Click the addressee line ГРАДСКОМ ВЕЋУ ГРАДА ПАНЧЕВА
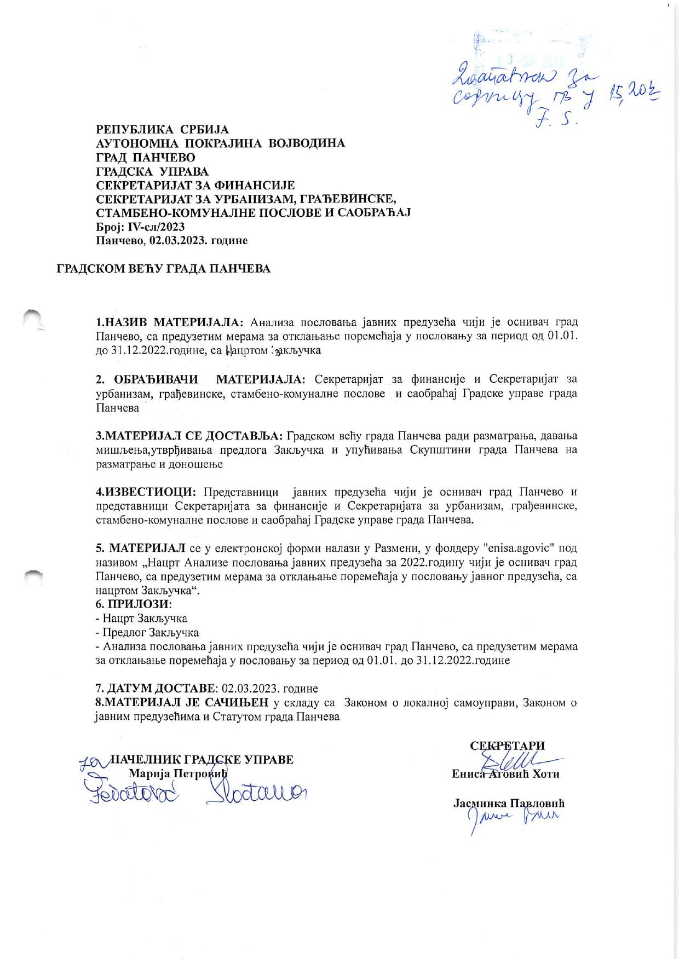164,269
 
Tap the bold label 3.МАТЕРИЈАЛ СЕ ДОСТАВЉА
189,436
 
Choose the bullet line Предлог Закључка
147,633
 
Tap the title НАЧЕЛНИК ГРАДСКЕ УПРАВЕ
202,760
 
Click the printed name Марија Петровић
177,773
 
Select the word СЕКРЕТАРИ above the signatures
507,746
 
